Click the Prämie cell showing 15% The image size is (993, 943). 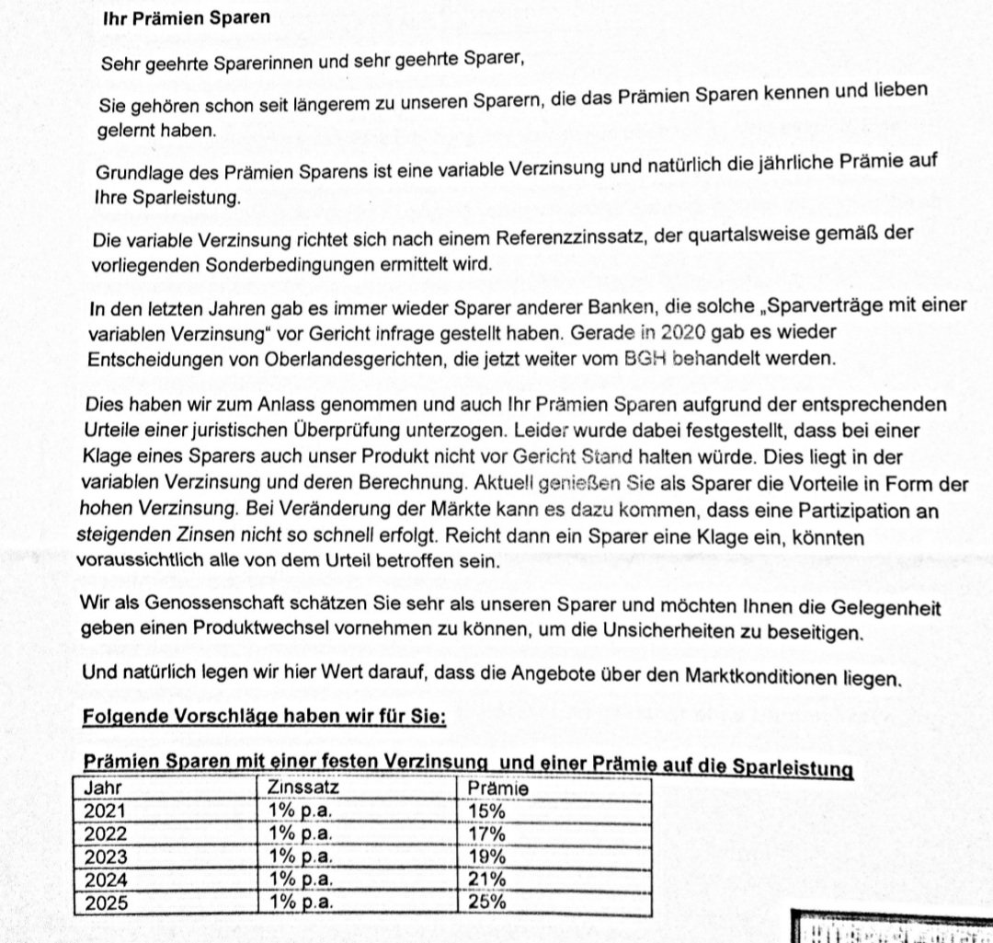[x=486, y=811]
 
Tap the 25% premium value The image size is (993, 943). [x=486, y=903]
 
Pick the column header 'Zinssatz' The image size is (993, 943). [x=304, y=788]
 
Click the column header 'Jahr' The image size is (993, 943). [x=102, y=788]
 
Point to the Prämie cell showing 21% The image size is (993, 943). [x=486, y=880]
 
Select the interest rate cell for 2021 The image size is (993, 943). [x=299, y=811]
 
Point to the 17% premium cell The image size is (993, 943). [x=486, y=834]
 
